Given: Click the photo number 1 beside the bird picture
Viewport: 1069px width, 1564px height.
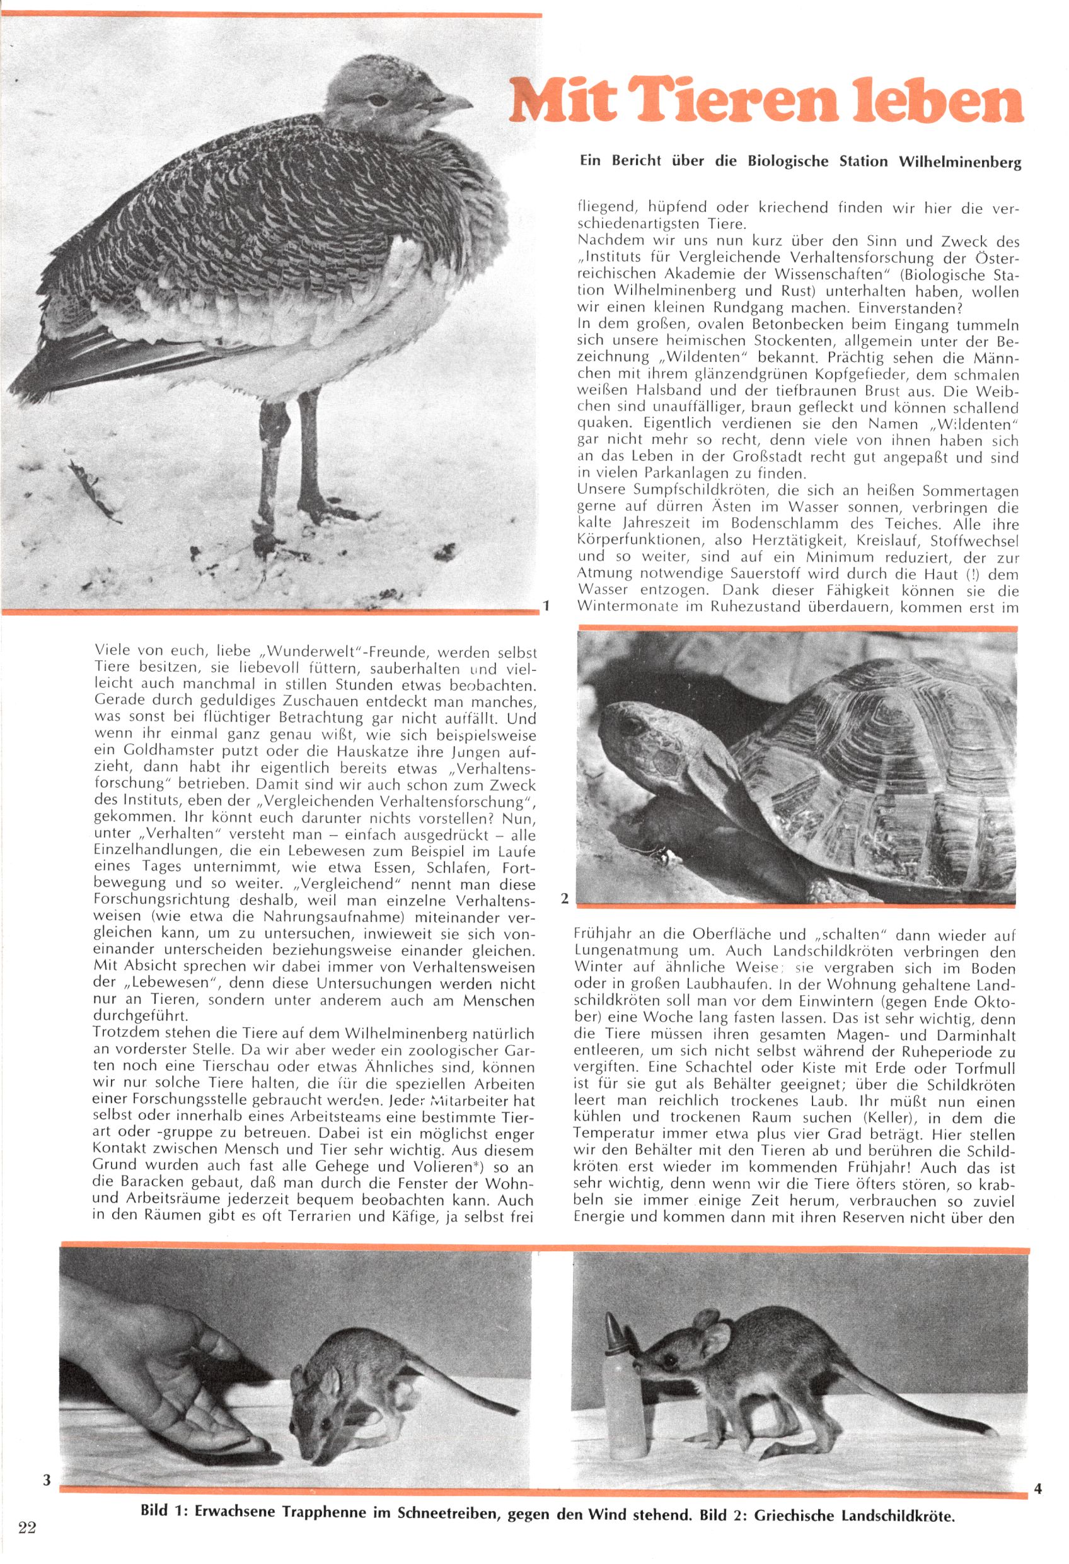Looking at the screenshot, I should click(547, 605).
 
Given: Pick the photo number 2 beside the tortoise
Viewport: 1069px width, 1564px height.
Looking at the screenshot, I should click(564, 899).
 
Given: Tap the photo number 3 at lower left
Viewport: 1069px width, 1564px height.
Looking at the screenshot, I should click(47, 1480).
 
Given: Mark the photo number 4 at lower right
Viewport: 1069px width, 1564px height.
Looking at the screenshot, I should click(1037, 1488).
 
